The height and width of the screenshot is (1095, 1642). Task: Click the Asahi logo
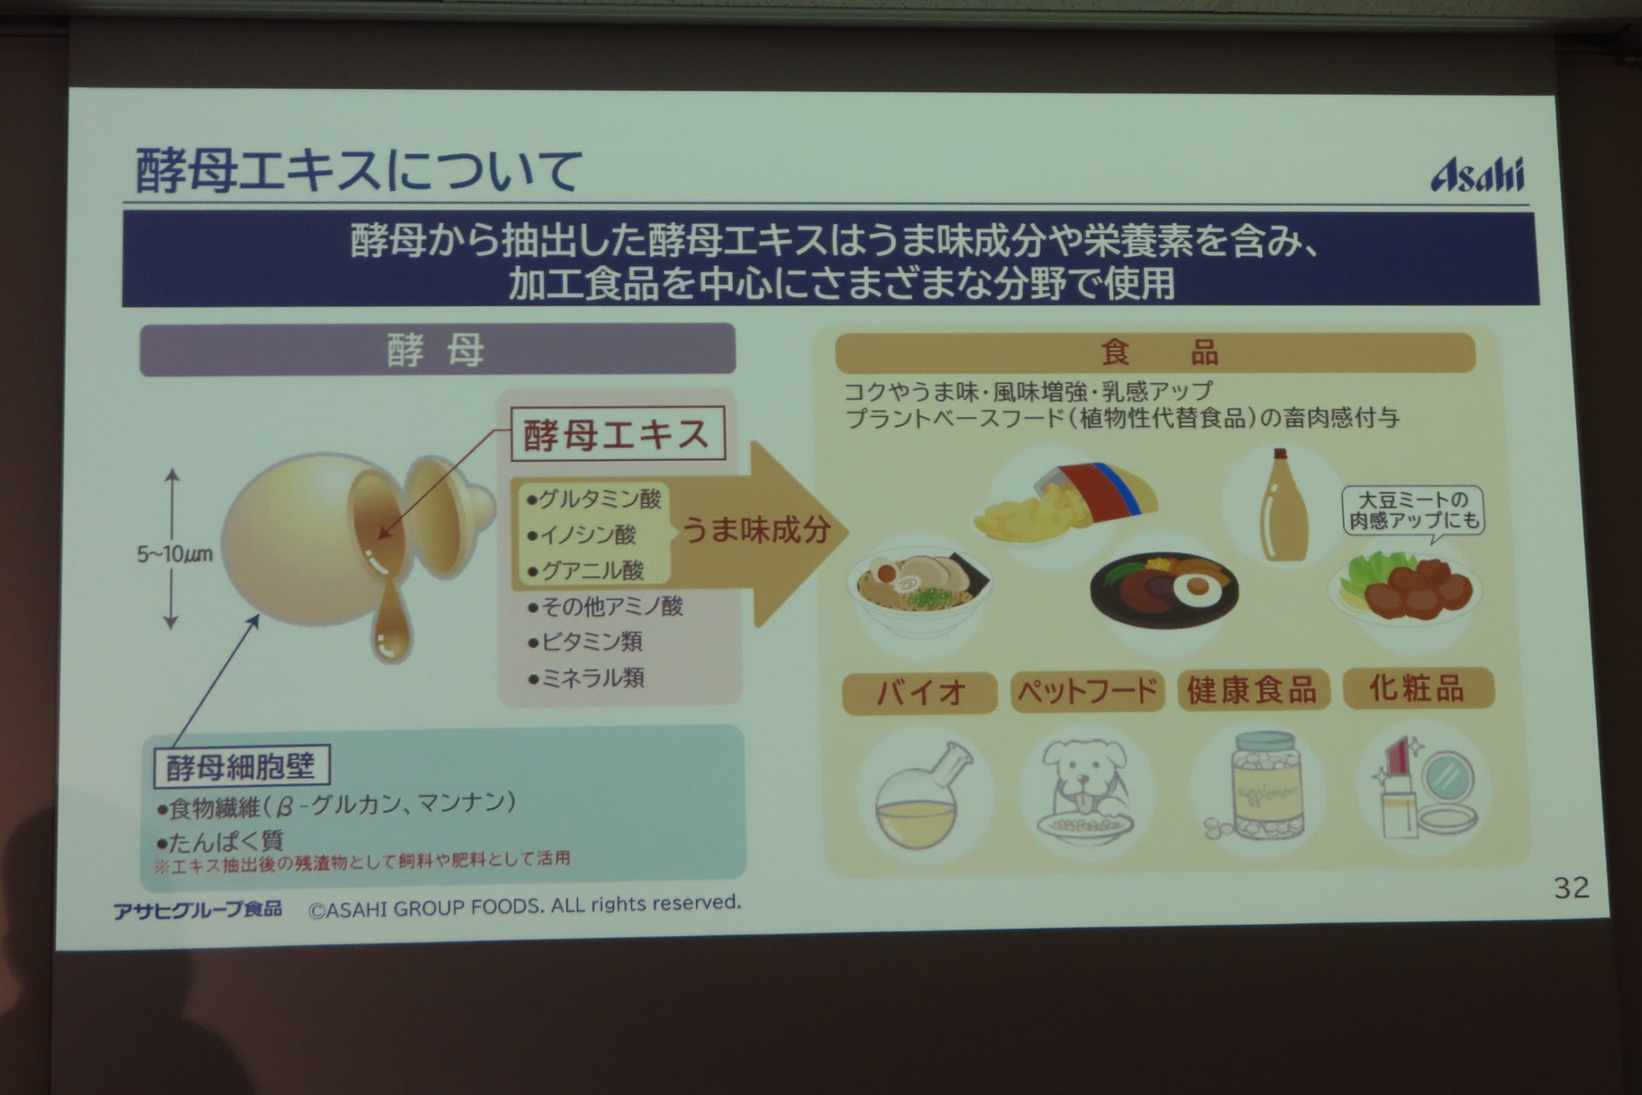(1477, 175)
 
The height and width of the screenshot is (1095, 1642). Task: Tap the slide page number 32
(1571, 888)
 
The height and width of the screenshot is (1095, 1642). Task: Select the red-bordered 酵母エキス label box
(617, 435)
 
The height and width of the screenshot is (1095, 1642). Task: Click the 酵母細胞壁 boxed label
(241, 766)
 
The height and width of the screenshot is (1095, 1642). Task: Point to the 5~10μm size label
(174, 554)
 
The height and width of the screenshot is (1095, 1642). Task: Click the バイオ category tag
(920, 692)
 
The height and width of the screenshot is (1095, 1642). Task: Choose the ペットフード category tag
(1087, 690)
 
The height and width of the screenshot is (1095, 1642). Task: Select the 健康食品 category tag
(1252, 690)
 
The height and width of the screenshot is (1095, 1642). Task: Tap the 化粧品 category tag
(1418, 688)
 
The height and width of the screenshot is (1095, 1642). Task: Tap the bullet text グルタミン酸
(595, 499)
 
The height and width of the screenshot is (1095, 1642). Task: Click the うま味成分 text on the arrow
(756, 530)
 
